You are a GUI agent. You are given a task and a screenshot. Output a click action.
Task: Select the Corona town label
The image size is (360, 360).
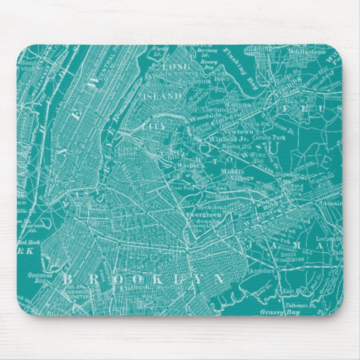[x=236, y=104]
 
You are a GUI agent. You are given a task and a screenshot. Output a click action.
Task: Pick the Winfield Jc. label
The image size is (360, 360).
[x=226, y=139]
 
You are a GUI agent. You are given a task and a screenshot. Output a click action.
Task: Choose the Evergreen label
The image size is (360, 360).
[x=205, y=214]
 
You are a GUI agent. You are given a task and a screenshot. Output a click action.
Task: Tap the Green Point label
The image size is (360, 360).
[x=128, y=150]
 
